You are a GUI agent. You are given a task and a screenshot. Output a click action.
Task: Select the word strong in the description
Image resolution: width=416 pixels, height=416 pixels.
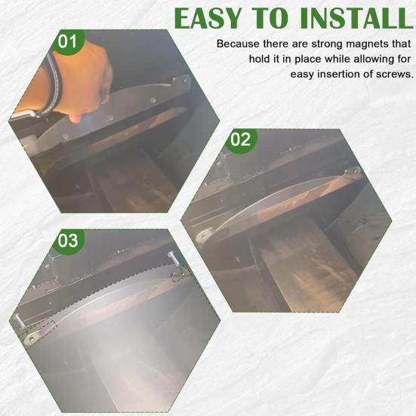(315, 44)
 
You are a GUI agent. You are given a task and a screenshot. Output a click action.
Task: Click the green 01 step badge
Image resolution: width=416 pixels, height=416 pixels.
(68, 42)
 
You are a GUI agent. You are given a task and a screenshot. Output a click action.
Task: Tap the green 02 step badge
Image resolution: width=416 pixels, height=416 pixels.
(240, 140)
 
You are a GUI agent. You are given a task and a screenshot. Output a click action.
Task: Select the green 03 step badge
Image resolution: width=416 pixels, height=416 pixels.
(68, 241)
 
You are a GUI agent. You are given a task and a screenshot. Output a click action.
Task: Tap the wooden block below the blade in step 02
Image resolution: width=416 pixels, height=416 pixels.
(302, 264)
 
